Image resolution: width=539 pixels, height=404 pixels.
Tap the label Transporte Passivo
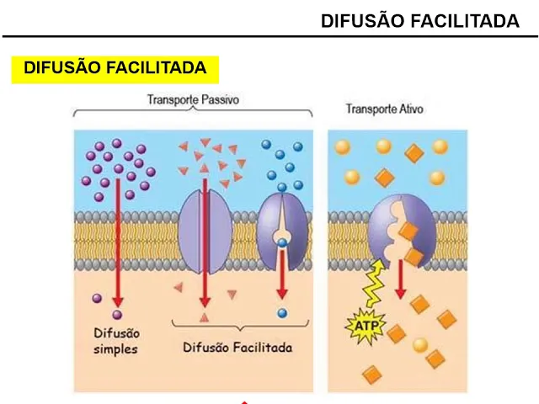(193, 98)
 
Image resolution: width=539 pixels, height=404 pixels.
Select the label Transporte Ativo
(385, 109)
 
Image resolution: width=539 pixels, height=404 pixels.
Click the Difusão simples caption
(115, 341)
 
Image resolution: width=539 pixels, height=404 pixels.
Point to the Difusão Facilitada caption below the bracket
(237, 347)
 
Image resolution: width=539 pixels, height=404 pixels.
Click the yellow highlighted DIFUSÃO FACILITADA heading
(115, 68)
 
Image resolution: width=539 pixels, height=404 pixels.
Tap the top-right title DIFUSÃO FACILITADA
(420, 21)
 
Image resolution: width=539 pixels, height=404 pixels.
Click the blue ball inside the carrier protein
(282, 243)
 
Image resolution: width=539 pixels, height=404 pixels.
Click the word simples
(115, 348)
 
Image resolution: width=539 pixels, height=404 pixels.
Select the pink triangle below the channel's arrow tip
(204, 316)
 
